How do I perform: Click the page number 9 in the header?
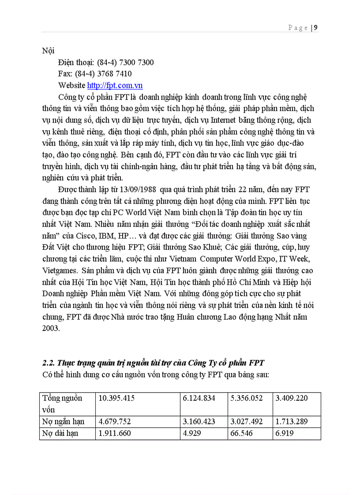[x=316, y=28]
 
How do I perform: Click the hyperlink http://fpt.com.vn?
[x=115, y=86]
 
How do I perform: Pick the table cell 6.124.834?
[x=199, y=398]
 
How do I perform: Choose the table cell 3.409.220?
[x=292, y=398]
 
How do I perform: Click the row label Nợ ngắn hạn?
[x=63, y=421]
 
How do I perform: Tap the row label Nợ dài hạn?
[x=60, y=433]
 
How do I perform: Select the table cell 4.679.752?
[x=115, y=421]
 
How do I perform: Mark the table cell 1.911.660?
[x=115, y=433]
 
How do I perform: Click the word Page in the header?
[x=298, y=28]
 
